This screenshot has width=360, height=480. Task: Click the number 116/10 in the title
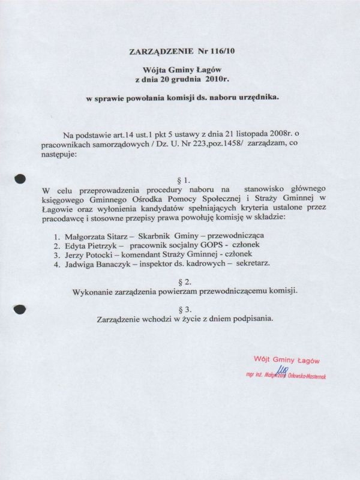[x=224, y=52]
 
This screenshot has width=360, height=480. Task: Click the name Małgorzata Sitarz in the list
[x=95, y=236]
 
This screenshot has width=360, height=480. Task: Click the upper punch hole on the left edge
[x=20, y=178]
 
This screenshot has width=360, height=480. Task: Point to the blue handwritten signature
[x=278, y=371]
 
